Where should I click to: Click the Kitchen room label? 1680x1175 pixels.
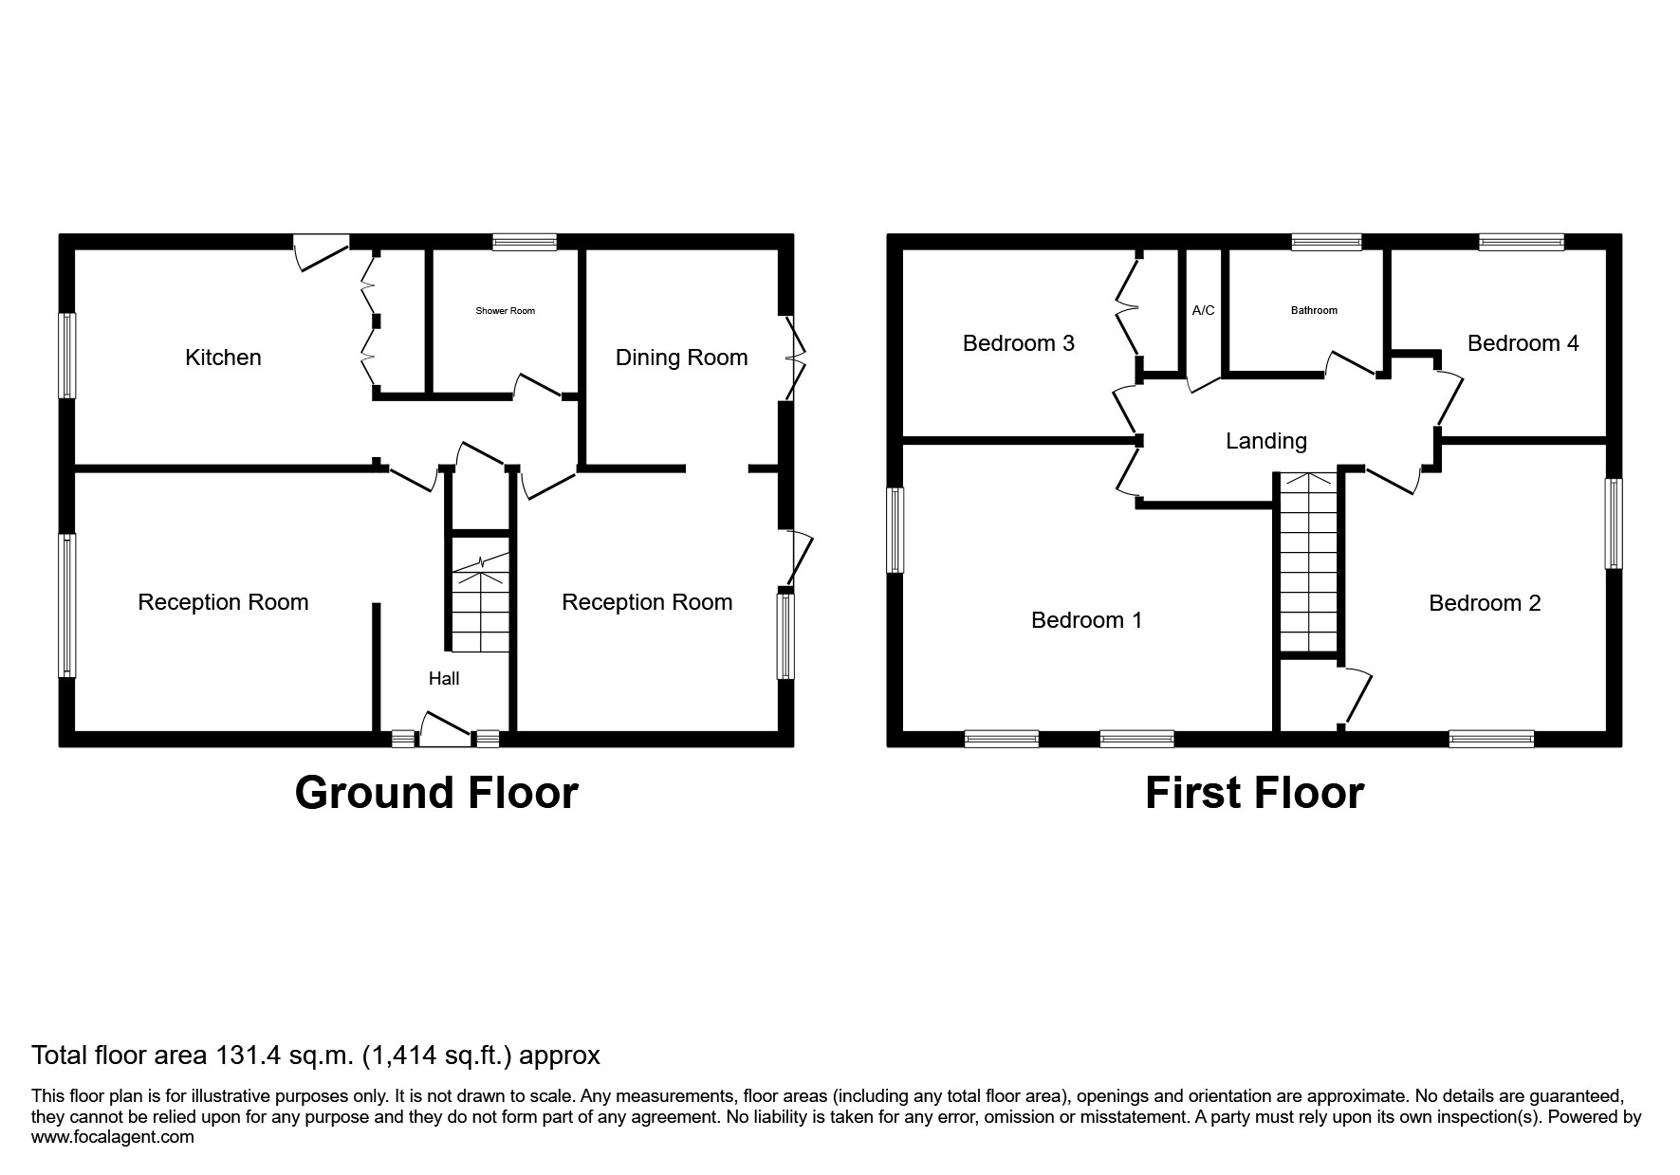pyautogui.click(x=223, y=358)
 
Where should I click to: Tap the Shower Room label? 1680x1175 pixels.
pyautogui.click(x=505, y=311)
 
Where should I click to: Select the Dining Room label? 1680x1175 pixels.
pyautogui.click(x=681, y=358)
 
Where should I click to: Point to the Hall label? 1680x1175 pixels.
pyautogui.click(x=444, y=678)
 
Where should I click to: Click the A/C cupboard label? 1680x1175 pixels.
pyautogui.click(x=1203, y=310)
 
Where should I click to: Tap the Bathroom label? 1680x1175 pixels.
pyautogui.click(x=1314, y=310)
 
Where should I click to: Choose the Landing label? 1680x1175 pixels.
pyautogui.click(x=1265, y=441)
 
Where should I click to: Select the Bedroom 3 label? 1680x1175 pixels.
pyautogui.click(x=1018, y=343)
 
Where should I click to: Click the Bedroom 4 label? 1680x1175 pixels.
pyautogui.click(x=1523, y=343)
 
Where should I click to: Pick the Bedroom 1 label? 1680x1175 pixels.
pyautogui.click(x=1086, y=620)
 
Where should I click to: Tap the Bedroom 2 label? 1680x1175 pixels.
pyautogui.click(x=1485, y=603)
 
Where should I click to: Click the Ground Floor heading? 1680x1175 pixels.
pyautogui.click(x=436, y=793)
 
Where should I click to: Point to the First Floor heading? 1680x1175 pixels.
pyautogui.click(x=1254, y=793)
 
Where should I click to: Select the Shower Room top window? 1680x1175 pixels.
pyautogui.click(x=524, y=243)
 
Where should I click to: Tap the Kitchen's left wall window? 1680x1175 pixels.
pyautogui.click(x=67, y=356)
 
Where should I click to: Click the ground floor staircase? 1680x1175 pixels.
pyautogui.click(x=480, y=607)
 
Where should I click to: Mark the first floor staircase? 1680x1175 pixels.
pyautogui.click(x=1308, y=564)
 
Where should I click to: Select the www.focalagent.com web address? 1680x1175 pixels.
pyautogui.click(x=113, y=1137)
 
